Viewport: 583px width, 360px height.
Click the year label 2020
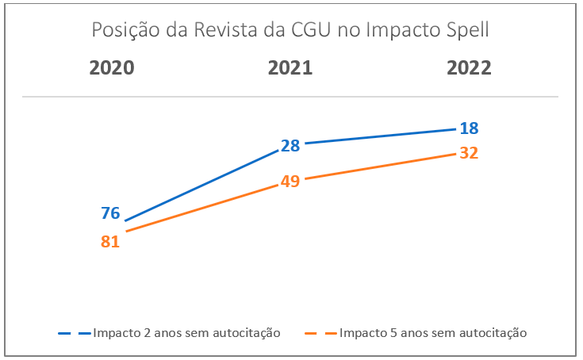click(x=111, y=67)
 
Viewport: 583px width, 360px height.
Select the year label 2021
click(x=290, y=67)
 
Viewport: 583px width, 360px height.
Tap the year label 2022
click(x=469, y=67)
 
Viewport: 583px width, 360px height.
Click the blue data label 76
click(x=110, y=213)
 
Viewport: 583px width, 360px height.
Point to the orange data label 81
click(x=110, y=242)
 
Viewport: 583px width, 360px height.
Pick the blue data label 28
click(x=290, y=146)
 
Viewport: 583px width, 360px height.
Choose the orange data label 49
click(x=290, y=182)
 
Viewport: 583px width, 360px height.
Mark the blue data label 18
click(x=469, y=128)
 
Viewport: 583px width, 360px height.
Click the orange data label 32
click(x=469, y=153)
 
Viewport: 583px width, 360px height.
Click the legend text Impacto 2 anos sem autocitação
click(x=186, y=332)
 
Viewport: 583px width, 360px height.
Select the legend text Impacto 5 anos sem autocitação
click(x=433, y=332)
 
